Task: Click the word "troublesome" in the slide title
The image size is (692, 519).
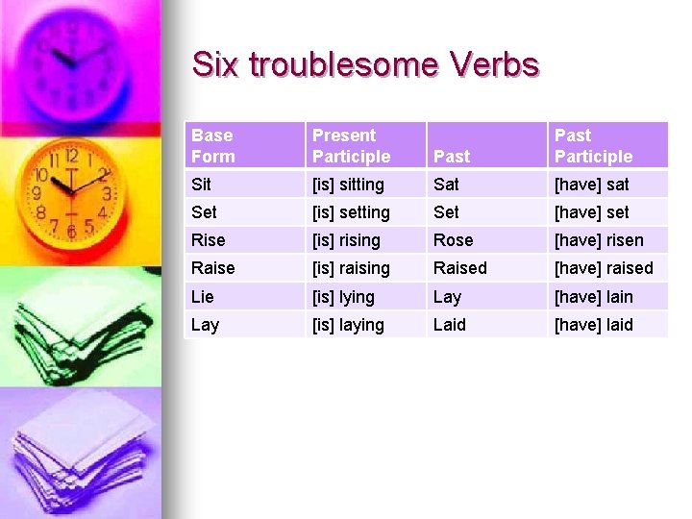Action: click(342, 64)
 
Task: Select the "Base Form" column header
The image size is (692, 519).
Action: click(212, 145)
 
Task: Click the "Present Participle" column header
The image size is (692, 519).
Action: click(351, 145)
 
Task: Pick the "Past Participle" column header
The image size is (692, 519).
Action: click(593, 145)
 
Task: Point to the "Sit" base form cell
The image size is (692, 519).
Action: click(201, 184)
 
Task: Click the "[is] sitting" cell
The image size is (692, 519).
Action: click(348, 184)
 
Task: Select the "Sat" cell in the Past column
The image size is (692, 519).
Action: click(446, 184)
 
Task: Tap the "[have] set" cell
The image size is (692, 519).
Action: click(590, 211)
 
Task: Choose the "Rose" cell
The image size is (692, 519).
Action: click(453, 239)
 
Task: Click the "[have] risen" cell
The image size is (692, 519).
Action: click(599, 239)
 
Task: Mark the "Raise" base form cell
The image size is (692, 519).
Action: click(212, 267)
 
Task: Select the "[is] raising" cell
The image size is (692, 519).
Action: click(351, 267)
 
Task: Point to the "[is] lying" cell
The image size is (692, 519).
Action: click(343, 296)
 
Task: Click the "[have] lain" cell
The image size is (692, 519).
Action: click(594, 296)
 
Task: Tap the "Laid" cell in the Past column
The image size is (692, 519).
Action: click(449, 324)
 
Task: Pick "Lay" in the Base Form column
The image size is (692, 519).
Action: click(205, 324)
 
